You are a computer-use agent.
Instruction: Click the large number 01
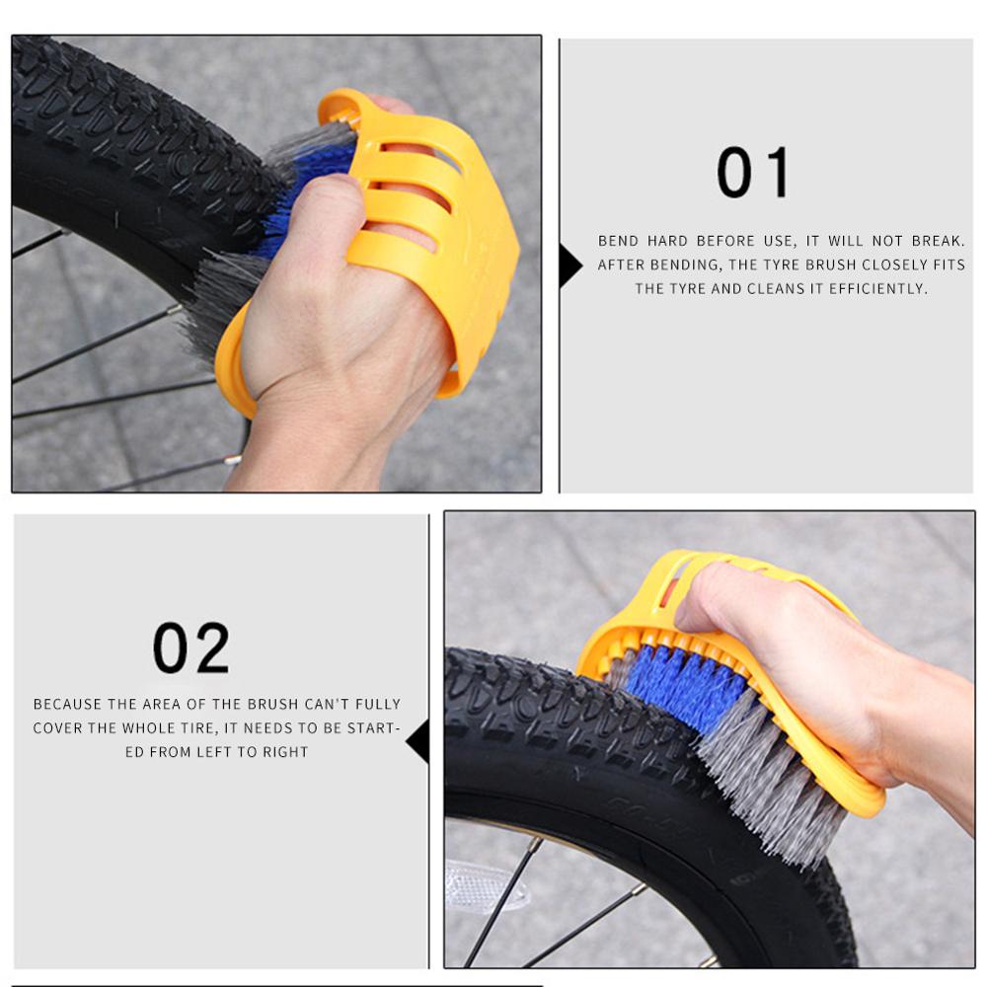coord(753,173)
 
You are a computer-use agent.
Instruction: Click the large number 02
coord(190,648)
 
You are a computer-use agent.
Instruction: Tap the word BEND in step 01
coord(618,241)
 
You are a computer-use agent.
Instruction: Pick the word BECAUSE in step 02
coord(68,704)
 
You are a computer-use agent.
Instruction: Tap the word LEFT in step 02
coord(219,751)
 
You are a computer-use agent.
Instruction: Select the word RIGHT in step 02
coord(284,751)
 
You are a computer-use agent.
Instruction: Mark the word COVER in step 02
coord(57,727)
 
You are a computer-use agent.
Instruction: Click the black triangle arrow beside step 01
coord(569,266)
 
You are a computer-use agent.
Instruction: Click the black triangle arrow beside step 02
coord(418,740)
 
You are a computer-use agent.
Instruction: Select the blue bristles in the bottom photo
coord(681,686)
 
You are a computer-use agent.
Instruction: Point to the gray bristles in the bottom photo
coord(780,790)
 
